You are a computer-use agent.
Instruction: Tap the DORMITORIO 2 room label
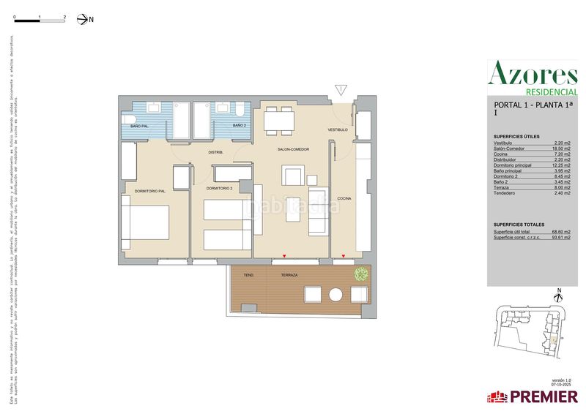(x=220, y=188)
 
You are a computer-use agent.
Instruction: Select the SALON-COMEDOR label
(x=293, y=149)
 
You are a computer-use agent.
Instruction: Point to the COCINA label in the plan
(x=344, y=198)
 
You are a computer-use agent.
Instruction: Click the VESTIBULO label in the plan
(x=338, y=129)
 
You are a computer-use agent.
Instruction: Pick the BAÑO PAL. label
(x=141, y=127)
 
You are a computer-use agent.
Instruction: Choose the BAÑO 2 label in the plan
(x=239, y=127)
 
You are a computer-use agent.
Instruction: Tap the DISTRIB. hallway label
(x=215, y=152)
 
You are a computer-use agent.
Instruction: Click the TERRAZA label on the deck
(x=289, y=276)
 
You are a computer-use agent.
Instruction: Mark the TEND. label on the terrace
(x=249, y=276)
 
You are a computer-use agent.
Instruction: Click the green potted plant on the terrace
(x=360, y=276)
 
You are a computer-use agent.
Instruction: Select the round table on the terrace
(x=336, y=295)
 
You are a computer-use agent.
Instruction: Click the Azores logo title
(x=533, y=74)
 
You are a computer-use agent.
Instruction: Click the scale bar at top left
(x=40, y=20)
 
